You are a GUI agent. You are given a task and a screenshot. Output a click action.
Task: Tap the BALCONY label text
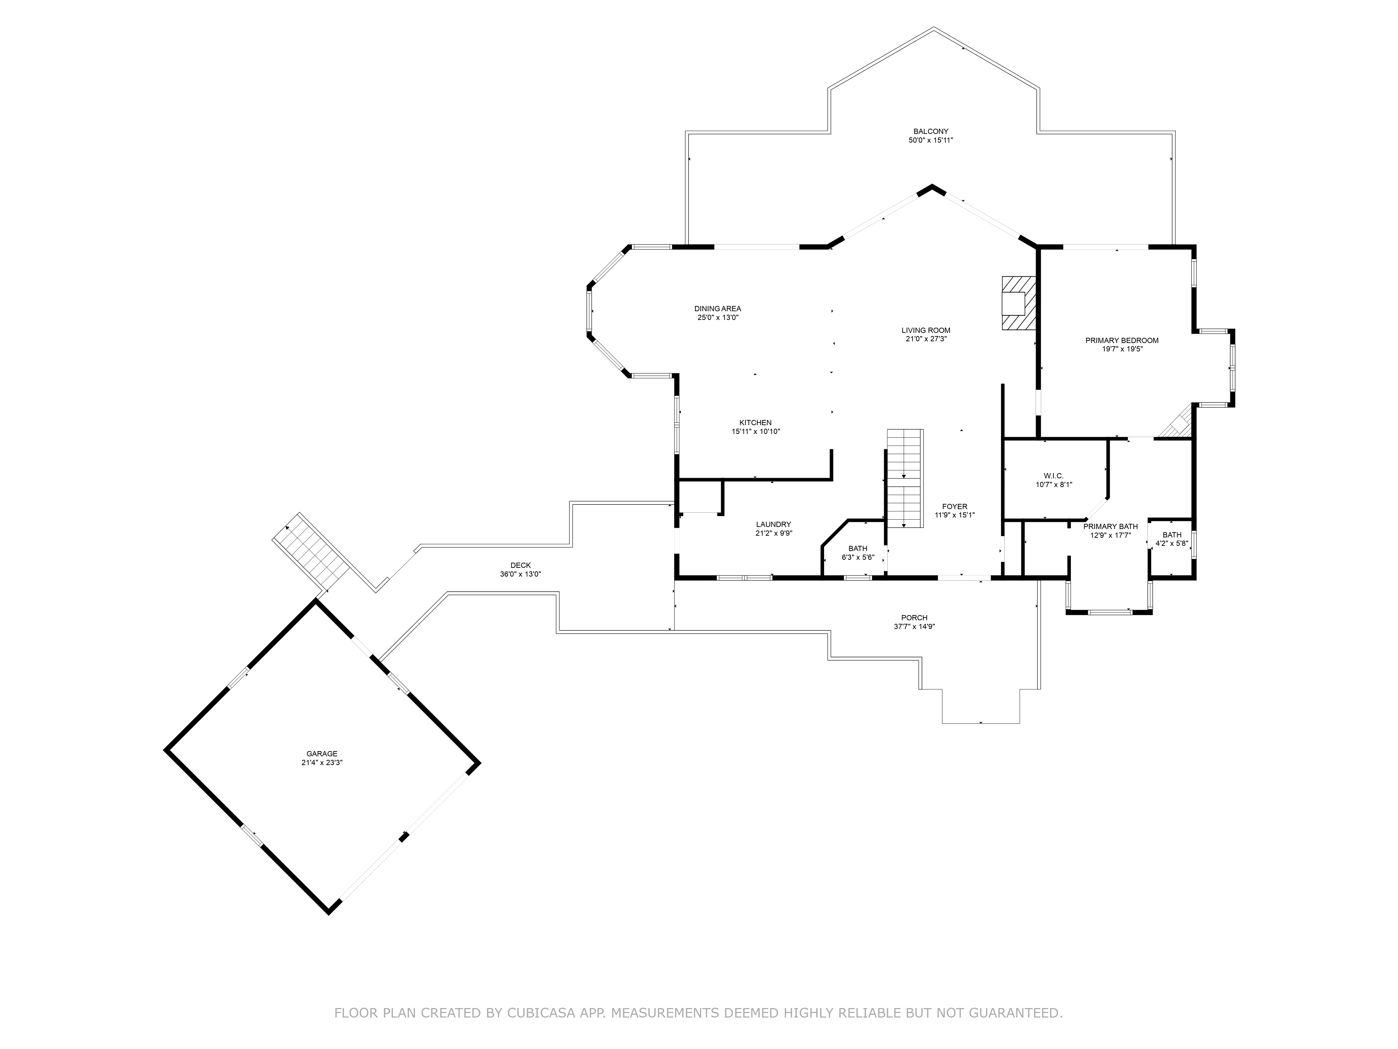[930, 131]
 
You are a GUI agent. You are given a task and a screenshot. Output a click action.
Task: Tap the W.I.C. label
[1053, 476]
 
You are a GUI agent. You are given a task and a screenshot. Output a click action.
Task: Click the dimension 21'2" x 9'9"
[773, 533]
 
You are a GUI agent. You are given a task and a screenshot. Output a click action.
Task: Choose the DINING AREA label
[717, 308]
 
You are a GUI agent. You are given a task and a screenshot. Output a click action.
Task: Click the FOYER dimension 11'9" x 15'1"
[954, 515]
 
